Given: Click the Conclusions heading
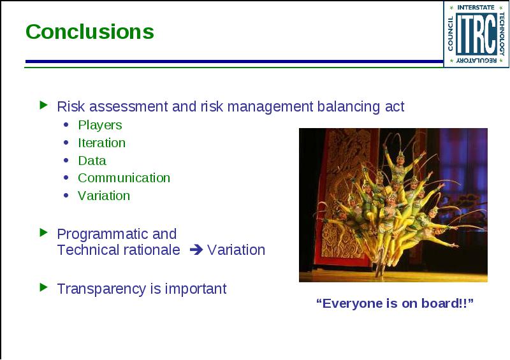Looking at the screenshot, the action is [90, 32].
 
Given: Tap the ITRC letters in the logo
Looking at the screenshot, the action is [476, 34].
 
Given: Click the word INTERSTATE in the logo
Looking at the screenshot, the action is [476, 7].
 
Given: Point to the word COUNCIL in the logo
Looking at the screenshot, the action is [451, 34].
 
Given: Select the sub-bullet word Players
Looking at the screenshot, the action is [100, 125].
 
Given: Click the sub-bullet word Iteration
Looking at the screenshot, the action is [101, 143].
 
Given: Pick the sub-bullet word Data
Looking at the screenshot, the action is [92, 161].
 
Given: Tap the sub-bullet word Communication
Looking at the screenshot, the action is [124, 178].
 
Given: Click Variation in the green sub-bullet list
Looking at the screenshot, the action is [104, 196].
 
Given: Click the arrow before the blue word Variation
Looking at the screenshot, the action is [196, 250].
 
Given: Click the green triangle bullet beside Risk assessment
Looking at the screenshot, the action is [43, 105].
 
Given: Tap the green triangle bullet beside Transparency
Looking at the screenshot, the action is [43, 287].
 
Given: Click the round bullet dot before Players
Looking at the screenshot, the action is [66, 124].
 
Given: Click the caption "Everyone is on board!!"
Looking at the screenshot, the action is [395, 303].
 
